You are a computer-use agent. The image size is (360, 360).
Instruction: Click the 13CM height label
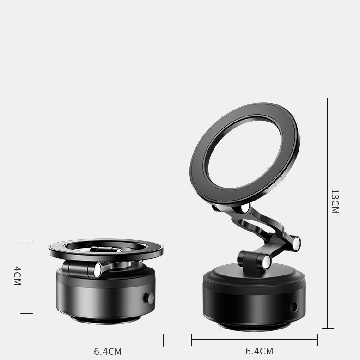(335, 201)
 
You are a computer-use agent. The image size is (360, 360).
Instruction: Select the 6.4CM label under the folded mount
(108, 351)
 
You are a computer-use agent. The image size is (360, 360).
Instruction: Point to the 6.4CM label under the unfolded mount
(259, 351)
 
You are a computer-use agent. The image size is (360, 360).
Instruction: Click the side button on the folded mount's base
(149, 298)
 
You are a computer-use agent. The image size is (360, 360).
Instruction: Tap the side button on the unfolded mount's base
(293, 306)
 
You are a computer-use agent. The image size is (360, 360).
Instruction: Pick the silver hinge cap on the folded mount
(98, 270)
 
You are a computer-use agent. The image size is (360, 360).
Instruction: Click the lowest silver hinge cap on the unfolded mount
(266, 262)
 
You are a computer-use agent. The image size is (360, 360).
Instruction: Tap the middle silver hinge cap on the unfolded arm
(296, 243)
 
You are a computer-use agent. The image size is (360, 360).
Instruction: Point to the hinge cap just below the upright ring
(245, 208)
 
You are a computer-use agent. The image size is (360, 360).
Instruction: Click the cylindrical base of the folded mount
(106, 296)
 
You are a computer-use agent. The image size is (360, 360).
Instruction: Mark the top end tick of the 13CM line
(328, 98)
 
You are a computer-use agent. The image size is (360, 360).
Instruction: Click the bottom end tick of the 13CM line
(328, 328)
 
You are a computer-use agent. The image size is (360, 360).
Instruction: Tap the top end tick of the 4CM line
(26, 242)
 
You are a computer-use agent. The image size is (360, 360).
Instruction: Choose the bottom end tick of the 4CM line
(26, 313)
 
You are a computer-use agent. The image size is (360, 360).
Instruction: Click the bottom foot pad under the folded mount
(106, 319)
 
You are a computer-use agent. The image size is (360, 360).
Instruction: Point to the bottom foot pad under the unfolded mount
(254, 326)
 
